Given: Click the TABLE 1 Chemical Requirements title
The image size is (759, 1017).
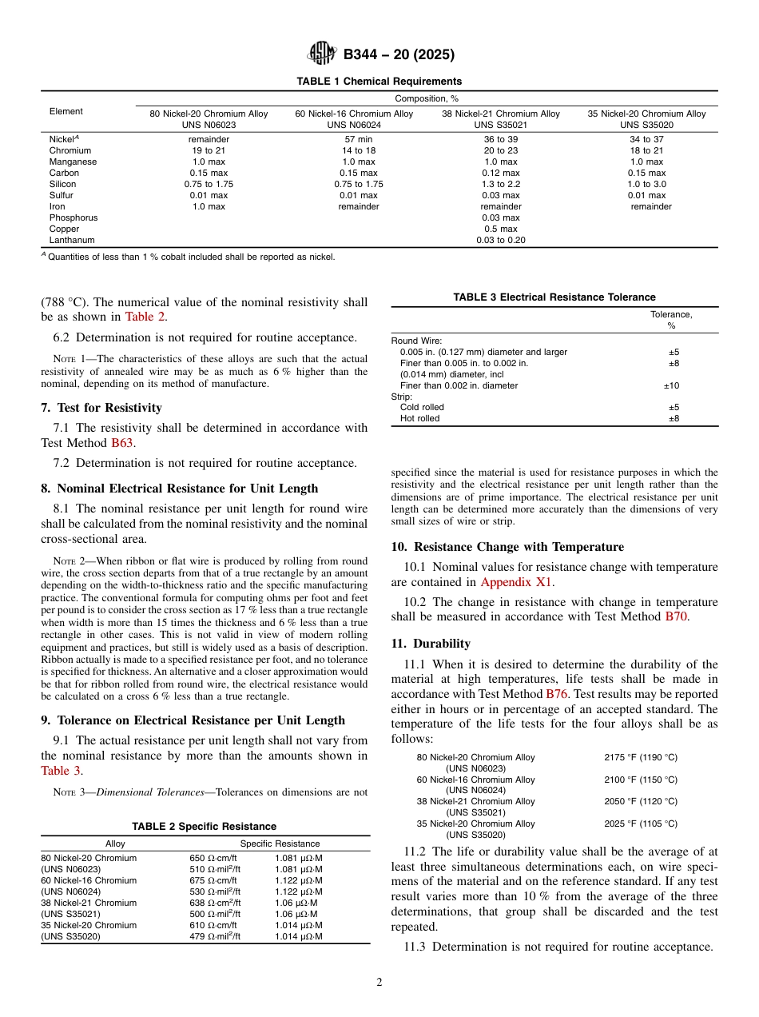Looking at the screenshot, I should click(x=379, y=82).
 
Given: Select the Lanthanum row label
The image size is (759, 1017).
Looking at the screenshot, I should click(x=72, y=240).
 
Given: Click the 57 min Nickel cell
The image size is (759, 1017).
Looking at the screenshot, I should click(x=354, y=139).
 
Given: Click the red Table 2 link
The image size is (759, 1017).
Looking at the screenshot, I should click(x=146, y=317).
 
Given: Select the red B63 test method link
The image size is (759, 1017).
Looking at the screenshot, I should click(x=122, y=442).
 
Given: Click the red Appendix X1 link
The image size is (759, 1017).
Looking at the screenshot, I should click(x=515, y=582).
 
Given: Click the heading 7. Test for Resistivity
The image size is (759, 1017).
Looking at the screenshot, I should click(x=101, y=408).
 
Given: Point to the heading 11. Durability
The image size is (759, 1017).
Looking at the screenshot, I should click(x=441, y=644).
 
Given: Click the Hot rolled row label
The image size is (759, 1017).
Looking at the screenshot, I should click(x=419, y=418).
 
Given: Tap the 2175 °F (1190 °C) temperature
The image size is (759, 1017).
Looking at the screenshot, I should click(x=640, y=757).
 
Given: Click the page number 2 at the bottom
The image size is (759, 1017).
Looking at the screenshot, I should click(x=379, y=983).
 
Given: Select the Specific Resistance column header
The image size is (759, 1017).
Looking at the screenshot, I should click(x=280, y=844).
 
